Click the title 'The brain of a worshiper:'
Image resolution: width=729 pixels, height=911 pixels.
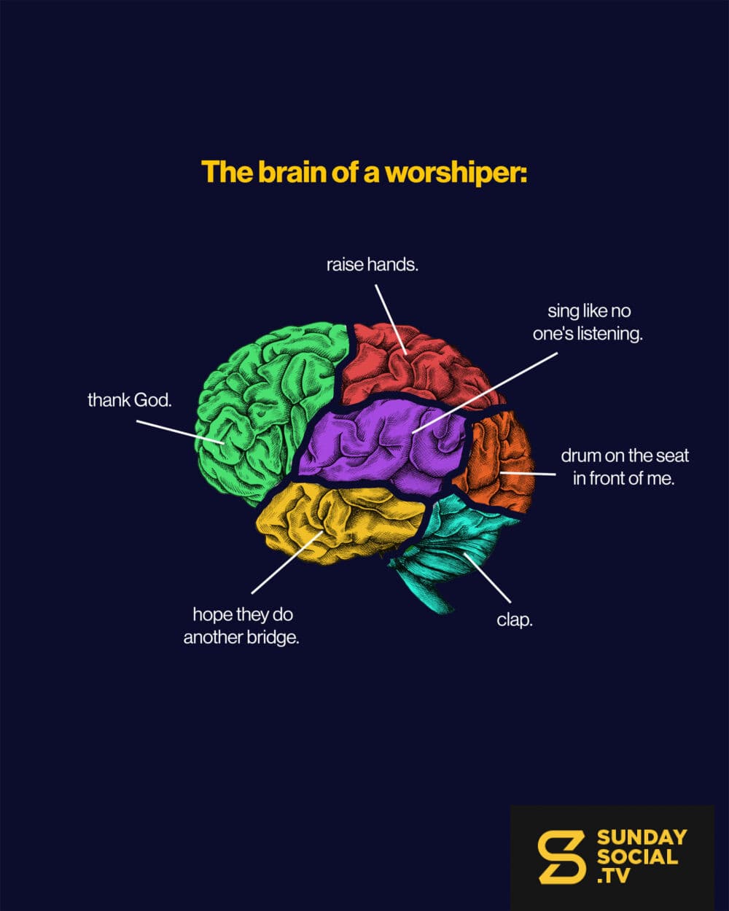pyautogui.click(x=364, y=172)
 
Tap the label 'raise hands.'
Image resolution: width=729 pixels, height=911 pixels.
pyautogui.click(x=373, y=265)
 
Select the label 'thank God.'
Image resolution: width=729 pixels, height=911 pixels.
pyautogui.click(x=130, y=400)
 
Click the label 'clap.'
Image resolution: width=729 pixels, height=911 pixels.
pyautogui.click(x=515, y=621)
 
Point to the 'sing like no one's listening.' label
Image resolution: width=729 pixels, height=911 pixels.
pyautogui.click(x=588, y=323)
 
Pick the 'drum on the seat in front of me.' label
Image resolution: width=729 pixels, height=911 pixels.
pyautogui.click(x=624, y=467)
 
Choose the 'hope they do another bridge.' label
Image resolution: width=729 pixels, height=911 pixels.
pyautogui.click(x=241, y=626)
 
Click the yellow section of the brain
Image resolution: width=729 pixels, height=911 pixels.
pyautogui.click(x=339, y=523)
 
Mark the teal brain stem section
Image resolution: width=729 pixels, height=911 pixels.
pyautogui.click(x=453, y=546)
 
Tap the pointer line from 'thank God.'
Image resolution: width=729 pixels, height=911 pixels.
pyautogui.click(x=180, y=431)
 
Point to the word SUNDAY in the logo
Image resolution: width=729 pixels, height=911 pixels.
pyautogui.click(x=642, y=838)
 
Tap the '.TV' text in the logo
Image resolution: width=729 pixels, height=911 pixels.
pyautogui.click(x=613, y=875)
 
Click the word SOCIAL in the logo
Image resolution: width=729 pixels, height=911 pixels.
pyautogui.click(x=637, y=857)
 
